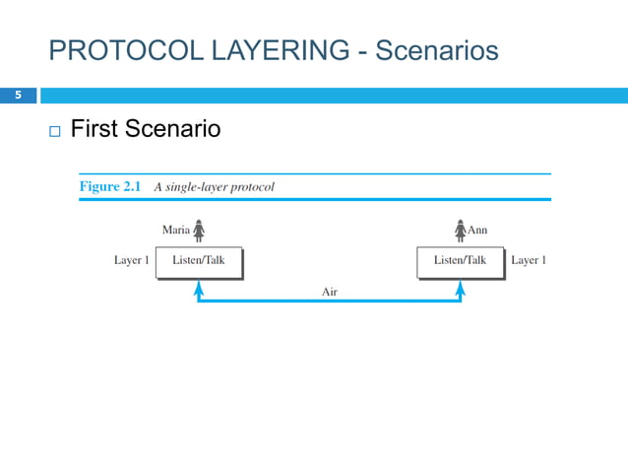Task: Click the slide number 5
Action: [x=17, y=96]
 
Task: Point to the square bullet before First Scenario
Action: [x=53, y=131]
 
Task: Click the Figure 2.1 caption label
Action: [x=111, y=186]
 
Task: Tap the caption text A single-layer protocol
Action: [x=214, y=186]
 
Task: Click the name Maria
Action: [x=175, y=231]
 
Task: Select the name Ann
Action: [x=477, y=231]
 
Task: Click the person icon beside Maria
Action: [x=199, y=230]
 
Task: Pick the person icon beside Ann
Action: [x=460, y=230]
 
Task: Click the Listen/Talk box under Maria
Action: [x=198, y=261]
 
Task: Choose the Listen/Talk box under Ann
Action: [x=461, y=261]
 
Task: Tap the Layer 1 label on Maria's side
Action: [x=132, y=261]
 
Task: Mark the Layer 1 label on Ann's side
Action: [x=529, y=261]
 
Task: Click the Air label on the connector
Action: [x=330, y=292]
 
